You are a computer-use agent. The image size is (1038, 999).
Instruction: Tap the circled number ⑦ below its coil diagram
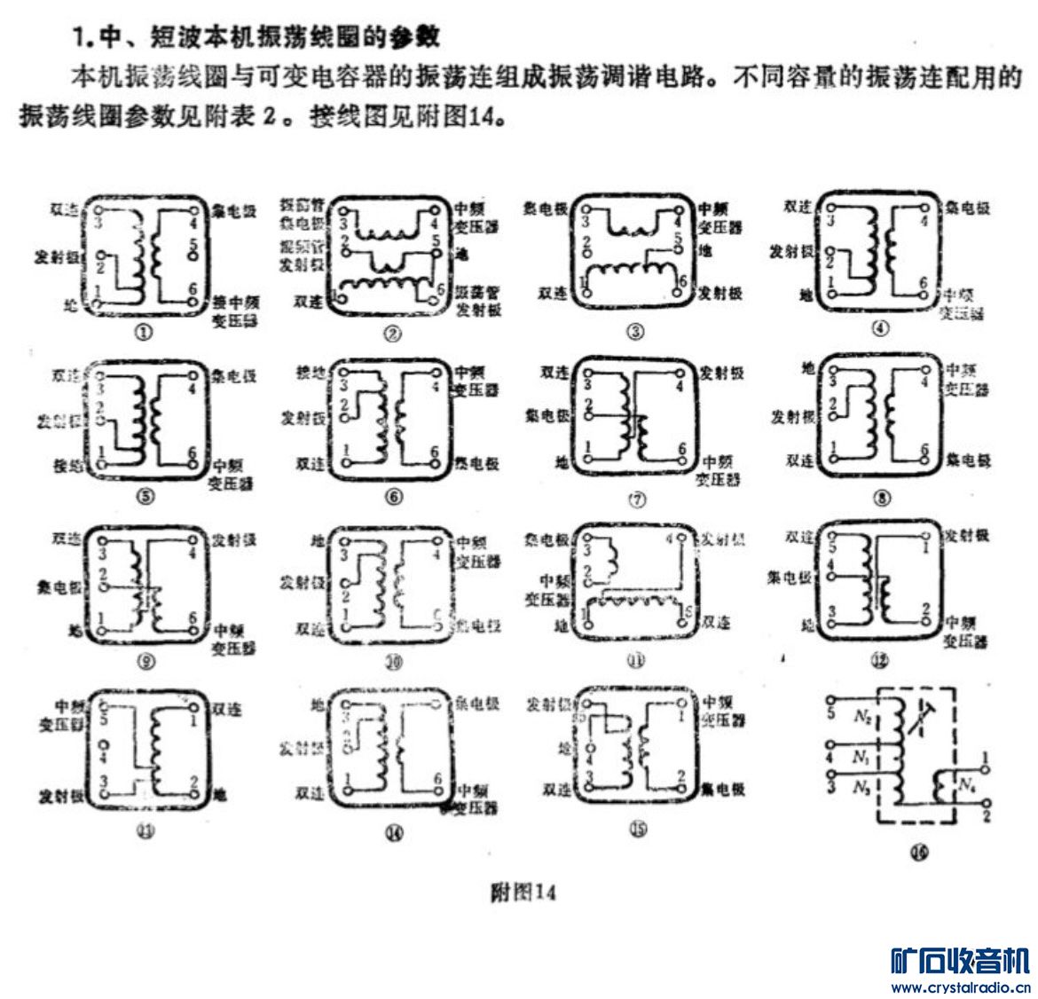click(637, 499)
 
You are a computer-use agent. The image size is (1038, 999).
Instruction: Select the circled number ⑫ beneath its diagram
click(880, 661)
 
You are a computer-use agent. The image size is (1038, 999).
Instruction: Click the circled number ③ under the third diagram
click(635, 332)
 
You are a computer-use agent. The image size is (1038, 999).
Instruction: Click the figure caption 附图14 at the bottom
click(523, 892)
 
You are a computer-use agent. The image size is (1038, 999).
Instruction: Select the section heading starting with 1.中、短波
click(257, 38)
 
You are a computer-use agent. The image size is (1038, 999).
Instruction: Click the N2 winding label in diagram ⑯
click(862, 715)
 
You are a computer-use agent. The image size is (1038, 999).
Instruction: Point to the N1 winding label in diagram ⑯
click(861, 756)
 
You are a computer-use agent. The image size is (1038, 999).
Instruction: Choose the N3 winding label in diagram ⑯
click(861, 787)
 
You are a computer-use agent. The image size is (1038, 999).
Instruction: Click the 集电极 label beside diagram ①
click(235, 211)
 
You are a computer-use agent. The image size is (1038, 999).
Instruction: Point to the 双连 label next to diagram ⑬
click(227, 710)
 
